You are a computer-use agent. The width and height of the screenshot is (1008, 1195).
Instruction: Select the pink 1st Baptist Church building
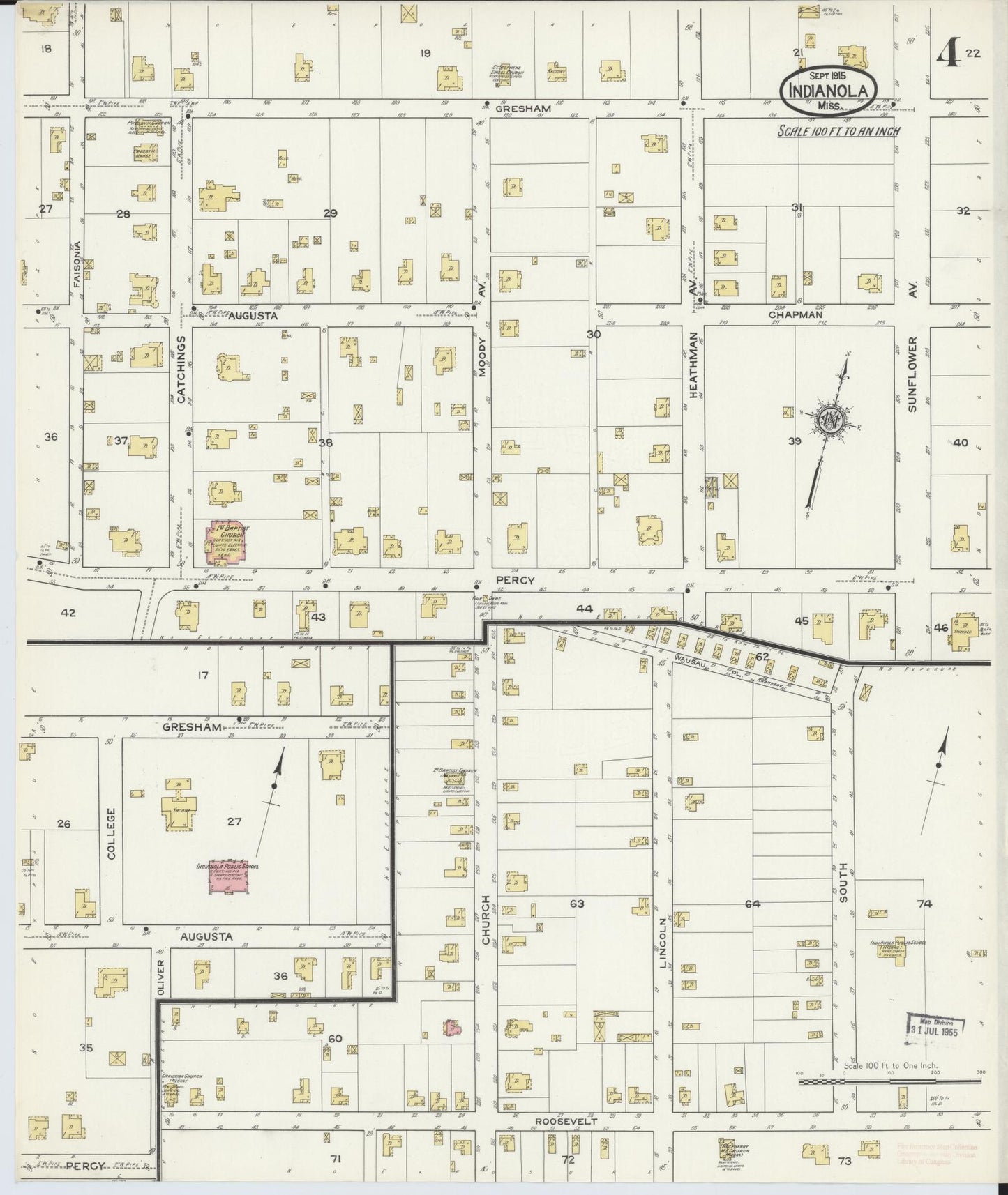coord(223,541)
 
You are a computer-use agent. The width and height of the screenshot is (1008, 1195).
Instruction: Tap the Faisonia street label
coord(77,264)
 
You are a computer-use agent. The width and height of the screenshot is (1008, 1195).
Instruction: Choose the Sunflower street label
coord(911,374)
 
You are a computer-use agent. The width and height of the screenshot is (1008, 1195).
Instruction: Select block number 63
coord(576,904)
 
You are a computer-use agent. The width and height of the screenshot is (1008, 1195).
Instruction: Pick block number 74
coord(924,904)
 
